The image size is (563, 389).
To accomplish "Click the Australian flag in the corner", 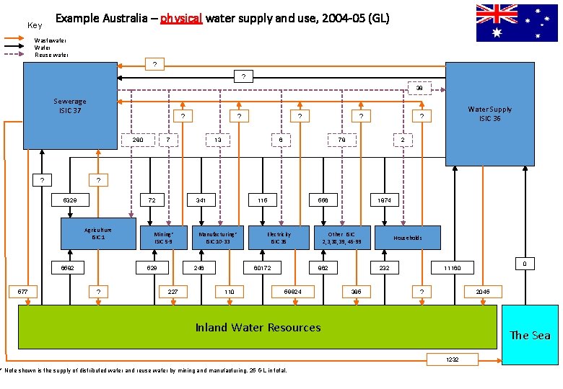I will (517, 22).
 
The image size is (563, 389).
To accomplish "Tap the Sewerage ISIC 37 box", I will (70, 108).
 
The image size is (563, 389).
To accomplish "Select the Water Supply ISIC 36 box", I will (489, 113).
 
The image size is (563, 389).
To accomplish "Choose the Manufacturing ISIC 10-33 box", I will (219, 237).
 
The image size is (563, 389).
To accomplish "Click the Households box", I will (408, 237).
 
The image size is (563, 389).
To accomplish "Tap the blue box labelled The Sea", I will (530, 334).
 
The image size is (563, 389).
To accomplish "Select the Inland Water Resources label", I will (258, 327).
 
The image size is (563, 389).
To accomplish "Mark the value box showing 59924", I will (292, 292).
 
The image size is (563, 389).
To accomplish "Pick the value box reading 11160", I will (451, 268).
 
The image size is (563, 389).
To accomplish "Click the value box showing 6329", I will (70, 199).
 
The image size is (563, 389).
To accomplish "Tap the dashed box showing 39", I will (419, 89).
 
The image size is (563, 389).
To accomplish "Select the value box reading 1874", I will (385, 199).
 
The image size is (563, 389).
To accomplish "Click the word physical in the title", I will (181, 18).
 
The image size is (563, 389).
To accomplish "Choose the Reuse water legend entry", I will (52, 55).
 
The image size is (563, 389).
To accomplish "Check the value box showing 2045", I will (483, 292).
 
